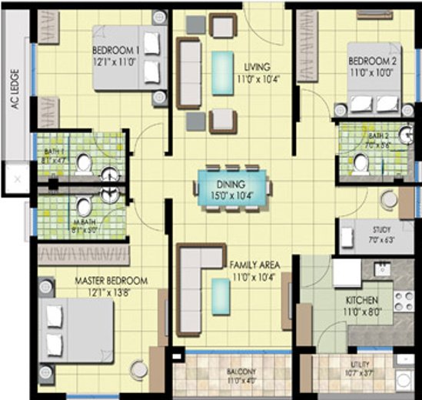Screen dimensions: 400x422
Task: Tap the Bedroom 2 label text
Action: coord(372,61)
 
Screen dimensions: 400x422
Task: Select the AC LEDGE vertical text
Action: coord(13,92)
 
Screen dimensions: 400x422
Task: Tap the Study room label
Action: coord(380,229)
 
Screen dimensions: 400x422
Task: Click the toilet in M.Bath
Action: coord(83,207)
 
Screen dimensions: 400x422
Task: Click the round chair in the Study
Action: coord(389,200)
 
